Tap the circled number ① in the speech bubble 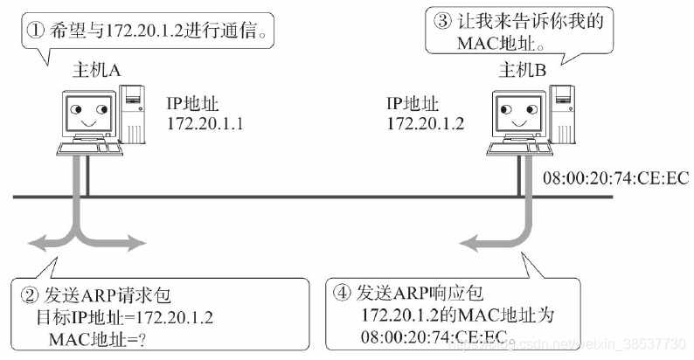click(x=35, y=32)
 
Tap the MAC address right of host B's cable click(x=616, y=178)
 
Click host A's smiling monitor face click(x=85, y=113)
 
